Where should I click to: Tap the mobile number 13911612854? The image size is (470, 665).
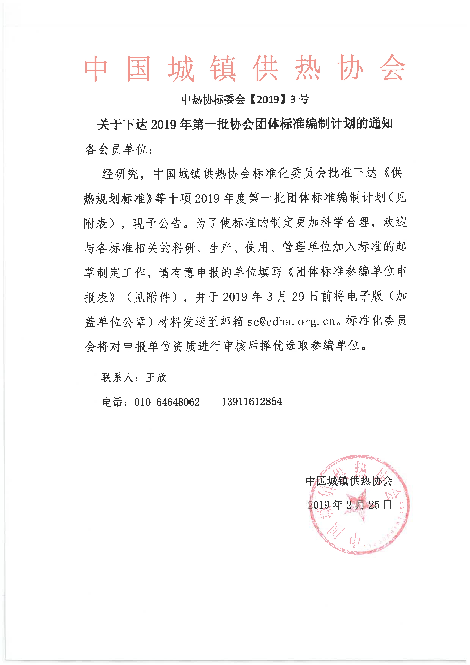[x=252, y=402]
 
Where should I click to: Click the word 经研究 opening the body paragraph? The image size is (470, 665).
[x=120, y=174]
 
